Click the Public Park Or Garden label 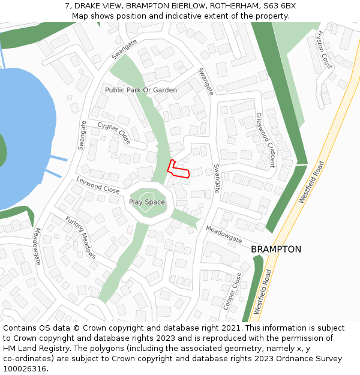141,90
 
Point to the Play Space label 147,202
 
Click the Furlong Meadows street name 80,237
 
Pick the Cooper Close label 232,291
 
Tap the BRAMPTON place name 276,249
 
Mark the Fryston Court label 324,49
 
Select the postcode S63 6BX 278,6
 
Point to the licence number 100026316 25,369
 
